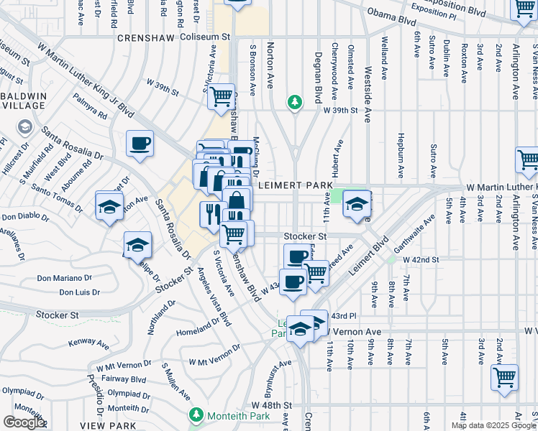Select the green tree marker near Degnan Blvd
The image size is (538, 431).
(x=293, y=103)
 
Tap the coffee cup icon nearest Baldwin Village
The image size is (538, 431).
(x=140, y=143)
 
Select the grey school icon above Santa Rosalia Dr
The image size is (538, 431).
(x=24, y=128)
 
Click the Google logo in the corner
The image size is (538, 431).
(x=23, y=422)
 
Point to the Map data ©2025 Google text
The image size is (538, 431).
(x=493, y=425)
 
